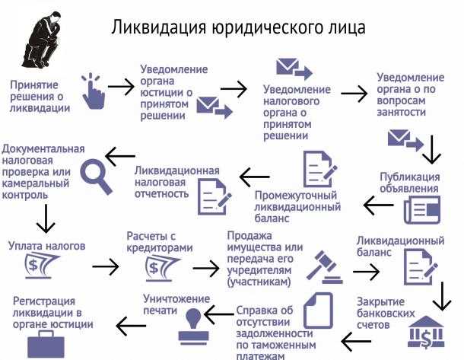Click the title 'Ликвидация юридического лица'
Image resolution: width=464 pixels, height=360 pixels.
pos(239,27)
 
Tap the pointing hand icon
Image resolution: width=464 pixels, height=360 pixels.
pos(94,90)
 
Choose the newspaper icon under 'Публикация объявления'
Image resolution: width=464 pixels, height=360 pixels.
pos(422,209)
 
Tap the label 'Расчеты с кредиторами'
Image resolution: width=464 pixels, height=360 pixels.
pos(155,242)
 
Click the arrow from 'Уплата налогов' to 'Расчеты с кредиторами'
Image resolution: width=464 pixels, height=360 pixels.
pos(105,267)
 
